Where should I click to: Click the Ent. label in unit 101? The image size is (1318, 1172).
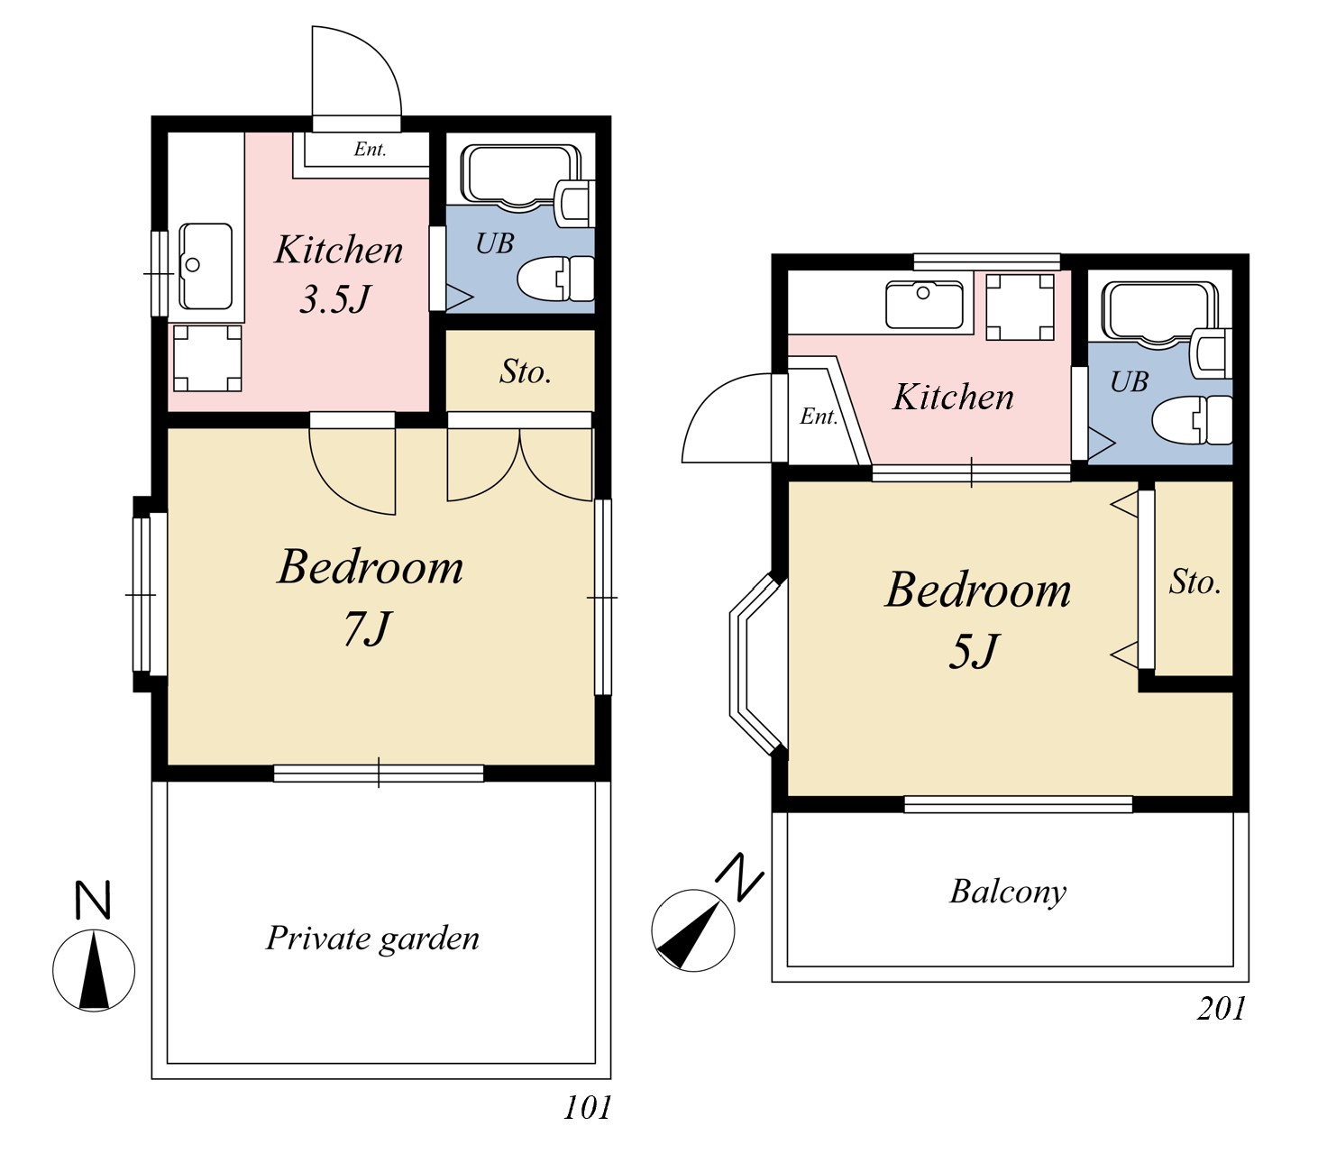[370, 149]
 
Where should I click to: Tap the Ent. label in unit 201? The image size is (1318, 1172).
[819, 416]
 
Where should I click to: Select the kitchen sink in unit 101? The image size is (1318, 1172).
[206, 266]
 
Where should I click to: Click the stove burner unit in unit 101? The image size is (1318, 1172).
[207, 358]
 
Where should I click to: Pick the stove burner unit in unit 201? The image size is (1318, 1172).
[1020, 307]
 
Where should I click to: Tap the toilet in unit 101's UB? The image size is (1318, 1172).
[556, 279]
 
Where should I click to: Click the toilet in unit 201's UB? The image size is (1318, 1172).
[1192, 420]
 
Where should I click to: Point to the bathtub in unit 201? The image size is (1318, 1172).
[1158, 314]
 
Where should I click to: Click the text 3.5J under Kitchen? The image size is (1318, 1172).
[334, 299]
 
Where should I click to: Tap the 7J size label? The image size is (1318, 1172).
[367, 627]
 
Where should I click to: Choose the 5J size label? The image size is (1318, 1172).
[973, 651]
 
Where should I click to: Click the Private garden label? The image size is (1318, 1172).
[372, 939]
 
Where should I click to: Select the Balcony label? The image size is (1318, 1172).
[1008, 893]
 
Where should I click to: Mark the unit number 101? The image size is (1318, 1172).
[588, 1107]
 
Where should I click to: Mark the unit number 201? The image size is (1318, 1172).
[1221, 1008]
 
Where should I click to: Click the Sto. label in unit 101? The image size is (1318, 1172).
[526, 371]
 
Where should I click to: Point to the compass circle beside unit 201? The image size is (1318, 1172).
[693, 930]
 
